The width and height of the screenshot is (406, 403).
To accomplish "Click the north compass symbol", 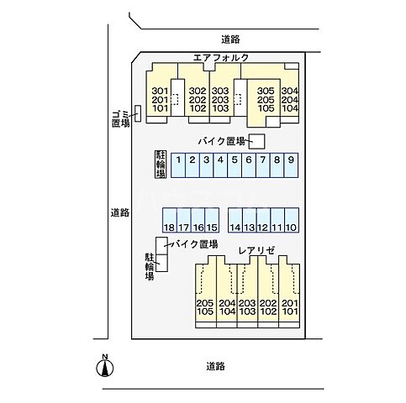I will pos(105,365).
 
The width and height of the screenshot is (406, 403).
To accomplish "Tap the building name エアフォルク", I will pos(220,58).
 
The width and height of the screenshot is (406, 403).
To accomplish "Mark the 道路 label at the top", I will pos(231,39).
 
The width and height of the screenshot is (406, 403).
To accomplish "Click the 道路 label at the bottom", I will pos(216,366).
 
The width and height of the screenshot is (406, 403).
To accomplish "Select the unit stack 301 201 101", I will pos(160,100).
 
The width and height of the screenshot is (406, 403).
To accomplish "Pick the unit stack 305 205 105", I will pos(266,100).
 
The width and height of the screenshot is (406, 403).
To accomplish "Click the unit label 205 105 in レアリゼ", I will pos(204,308).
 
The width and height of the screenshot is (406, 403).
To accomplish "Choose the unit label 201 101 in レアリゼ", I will pos(290,308).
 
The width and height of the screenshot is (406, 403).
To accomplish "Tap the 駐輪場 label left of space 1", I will pos(160,165).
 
